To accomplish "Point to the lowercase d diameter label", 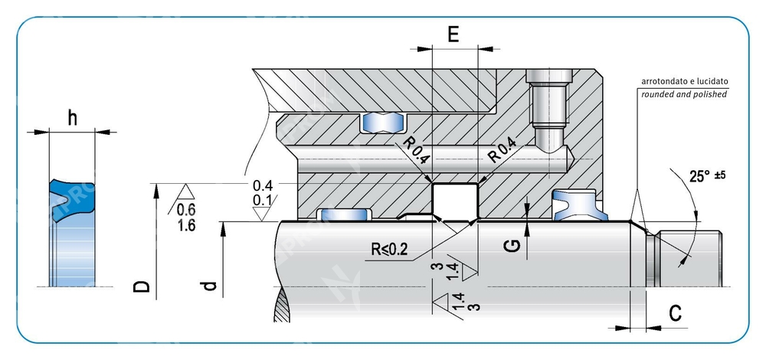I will coord(210,287).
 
